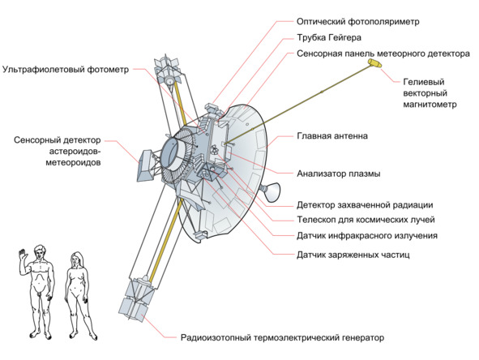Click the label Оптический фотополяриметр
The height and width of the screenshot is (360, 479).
[x=357, y=22]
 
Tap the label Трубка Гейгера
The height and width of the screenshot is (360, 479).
[x=329, y=37]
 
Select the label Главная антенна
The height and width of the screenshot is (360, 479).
[x=332, y=135]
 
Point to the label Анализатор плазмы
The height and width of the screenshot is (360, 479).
[x=339, y=174]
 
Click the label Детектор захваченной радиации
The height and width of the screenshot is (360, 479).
[x=365, y=205]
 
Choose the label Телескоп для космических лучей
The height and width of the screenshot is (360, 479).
[x=366, y=220]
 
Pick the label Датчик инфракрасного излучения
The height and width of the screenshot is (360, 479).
[x=367, y=236]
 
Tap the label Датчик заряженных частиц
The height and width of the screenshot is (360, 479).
[x=353, y=255]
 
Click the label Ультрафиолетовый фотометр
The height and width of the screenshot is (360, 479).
[x=66, y=70]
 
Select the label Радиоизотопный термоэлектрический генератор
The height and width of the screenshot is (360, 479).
[x=282, y=337]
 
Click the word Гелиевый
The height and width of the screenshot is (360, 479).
[x=424, y=82]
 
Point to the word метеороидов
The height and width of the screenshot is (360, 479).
[x=73, y=163]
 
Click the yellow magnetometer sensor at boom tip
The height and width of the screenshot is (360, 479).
[x=374, y=63]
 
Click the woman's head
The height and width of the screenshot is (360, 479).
[x=76, y=259]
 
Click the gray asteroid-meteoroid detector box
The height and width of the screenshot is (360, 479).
[x=145, y=165]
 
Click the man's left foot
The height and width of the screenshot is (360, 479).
[x=48, y=336]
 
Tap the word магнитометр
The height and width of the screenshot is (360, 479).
[x=430, y=105]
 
